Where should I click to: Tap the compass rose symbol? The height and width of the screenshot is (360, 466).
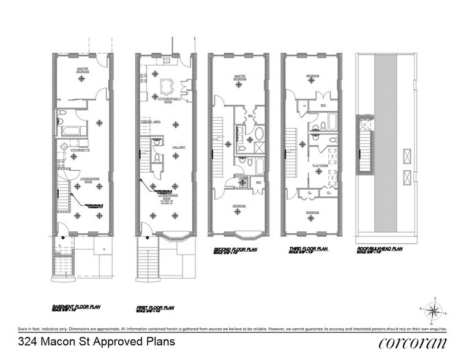pyautogui.click(x=433, y=311)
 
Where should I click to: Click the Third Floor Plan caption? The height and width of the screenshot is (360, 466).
pyautogui.click(x=307, y=250)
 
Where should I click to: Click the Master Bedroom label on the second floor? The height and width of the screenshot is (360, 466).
pyautogui.click(x=235, y=78)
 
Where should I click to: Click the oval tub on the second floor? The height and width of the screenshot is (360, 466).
pyautogui.click(x=258, y=133)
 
